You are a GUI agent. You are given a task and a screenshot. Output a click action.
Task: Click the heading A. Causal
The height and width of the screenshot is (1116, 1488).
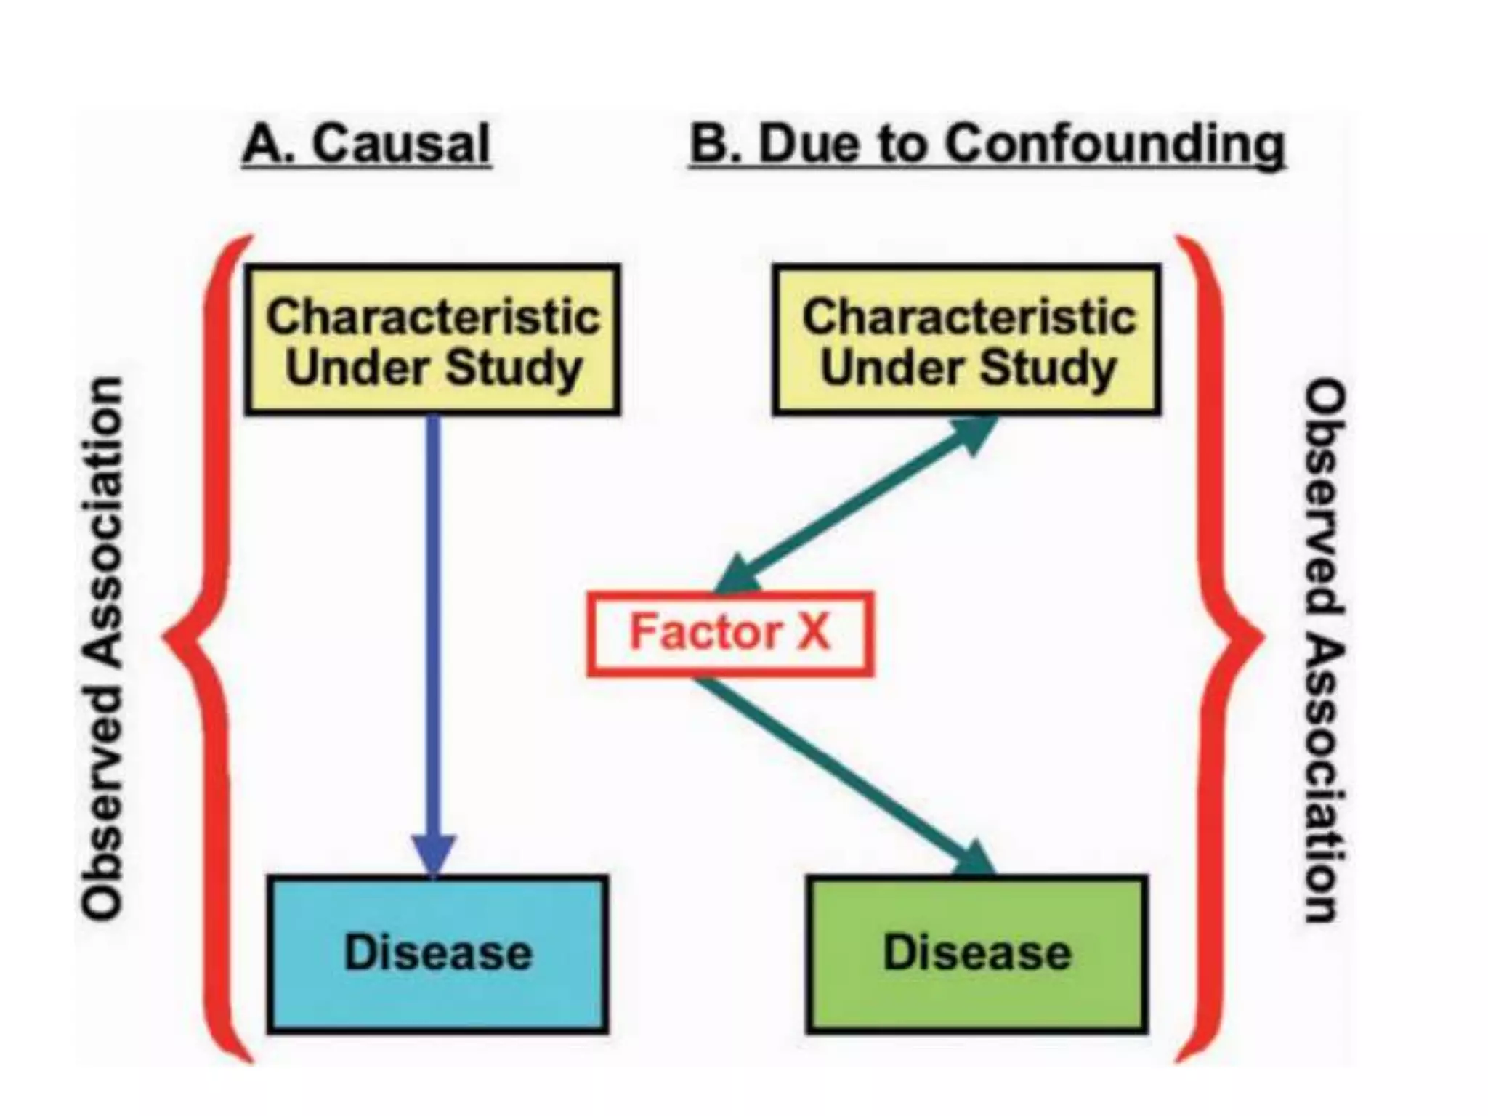tap(367, 143)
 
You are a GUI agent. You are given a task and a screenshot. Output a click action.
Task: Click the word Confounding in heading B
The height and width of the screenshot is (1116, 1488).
tap(1115, 143)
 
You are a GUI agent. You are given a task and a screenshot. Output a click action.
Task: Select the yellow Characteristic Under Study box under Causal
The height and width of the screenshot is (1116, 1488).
tap(433, 340)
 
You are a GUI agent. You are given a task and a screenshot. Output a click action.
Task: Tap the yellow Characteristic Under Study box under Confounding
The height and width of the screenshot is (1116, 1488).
tap(967, 340)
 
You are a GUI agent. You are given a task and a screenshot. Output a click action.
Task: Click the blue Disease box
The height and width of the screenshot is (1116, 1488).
tap(437, 954)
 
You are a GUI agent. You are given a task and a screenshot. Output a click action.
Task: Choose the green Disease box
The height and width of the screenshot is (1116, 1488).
tap(976, 954)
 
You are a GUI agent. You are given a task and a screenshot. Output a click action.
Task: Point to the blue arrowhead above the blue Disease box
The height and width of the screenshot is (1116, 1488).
tap(434, 854)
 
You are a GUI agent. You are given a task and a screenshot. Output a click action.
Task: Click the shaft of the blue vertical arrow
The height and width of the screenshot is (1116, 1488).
tap(434, 618)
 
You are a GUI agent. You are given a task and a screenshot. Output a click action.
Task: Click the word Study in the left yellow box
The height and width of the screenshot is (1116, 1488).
tap(513, 368)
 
